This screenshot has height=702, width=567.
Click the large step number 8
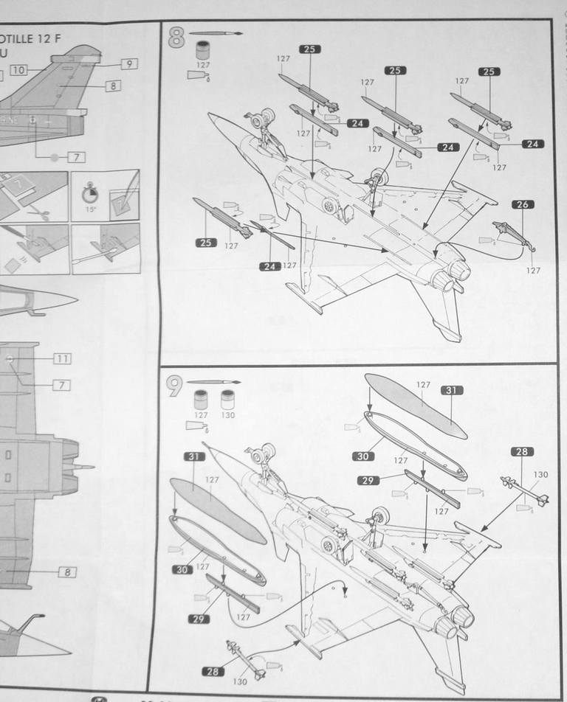[x=176, y=38]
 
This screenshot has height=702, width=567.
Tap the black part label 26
[x=522, y=204]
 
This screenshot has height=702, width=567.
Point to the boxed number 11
[x=62, y=358]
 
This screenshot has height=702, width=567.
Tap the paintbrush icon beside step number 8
[x=215, y=34]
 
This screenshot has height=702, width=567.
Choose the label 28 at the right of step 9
[x=522, y=451]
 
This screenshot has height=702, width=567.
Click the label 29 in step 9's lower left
[x=196, y=619]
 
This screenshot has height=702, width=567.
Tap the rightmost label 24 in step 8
[x=533, y=144]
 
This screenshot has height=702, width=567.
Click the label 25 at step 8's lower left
[x=206, y=242]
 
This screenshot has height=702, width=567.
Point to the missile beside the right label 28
[x=523, y=492]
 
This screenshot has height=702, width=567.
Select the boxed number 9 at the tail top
[x=128, y=64]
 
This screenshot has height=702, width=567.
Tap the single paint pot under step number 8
[x=202, y=52]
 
